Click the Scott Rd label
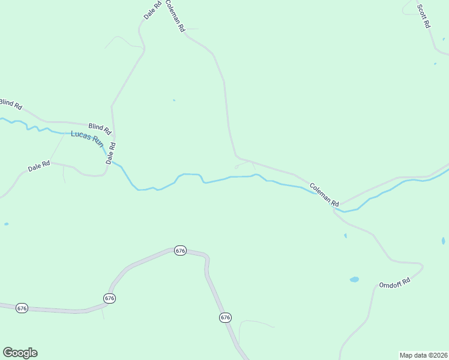click(424, 17)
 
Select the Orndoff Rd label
click(394, 283)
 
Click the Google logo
click(20, 353)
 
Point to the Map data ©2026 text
click(423, 355)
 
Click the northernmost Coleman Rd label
click(175, 16)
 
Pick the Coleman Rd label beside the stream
click(325, 194)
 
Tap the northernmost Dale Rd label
click(153, 10)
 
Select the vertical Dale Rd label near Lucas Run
click(110, 153)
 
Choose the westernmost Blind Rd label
click(11, 104)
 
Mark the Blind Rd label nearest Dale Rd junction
click(100, 128)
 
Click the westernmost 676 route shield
click(22, 308)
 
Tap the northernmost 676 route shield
click(180, 250)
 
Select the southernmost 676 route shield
click(225, 317)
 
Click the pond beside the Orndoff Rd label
click(354, 279)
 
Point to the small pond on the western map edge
click(6, 224)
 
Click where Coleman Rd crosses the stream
click(336, 207)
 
